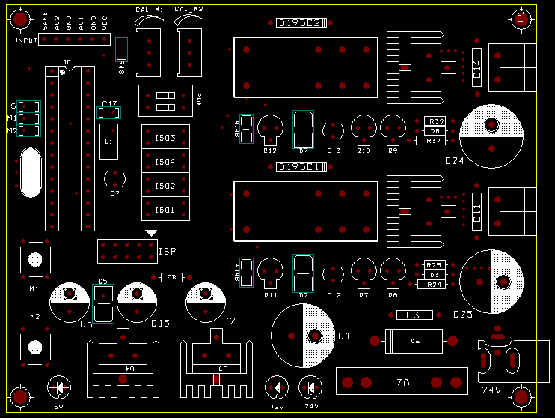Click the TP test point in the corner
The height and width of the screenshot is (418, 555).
tap(521, 20)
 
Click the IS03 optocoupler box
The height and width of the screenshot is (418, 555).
tap(165, 138)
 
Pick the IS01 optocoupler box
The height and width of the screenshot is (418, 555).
tap(165, 210)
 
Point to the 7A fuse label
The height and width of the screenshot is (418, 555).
tap(403, 383)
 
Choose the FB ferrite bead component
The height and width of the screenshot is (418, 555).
tap(171, 277)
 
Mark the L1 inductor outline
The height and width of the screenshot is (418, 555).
tap(108, 141)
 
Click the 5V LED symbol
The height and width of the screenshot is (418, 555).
tap(59, 388)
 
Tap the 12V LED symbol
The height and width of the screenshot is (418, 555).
tap(277, 388)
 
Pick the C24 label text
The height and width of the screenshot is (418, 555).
tap(455, 161)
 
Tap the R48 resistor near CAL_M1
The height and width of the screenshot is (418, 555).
tap(122, 50)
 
